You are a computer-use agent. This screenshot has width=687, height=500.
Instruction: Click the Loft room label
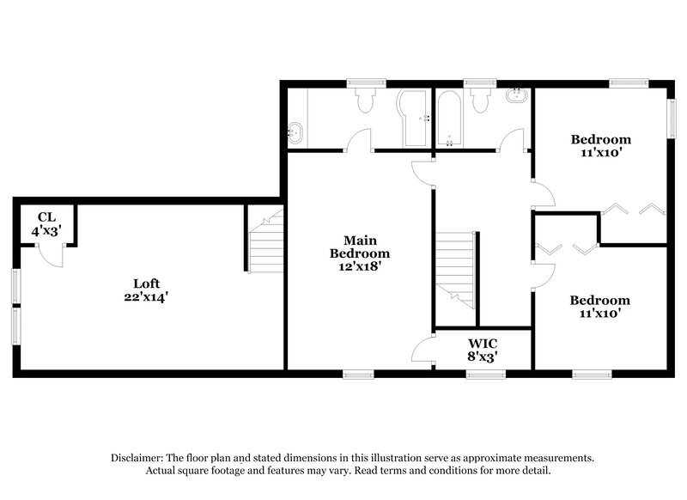coord(146,284)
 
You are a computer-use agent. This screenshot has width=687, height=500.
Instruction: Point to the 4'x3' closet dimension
coord(46,230)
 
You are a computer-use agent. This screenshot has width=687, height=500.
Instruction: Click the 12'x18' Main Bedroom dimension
coord(360,266)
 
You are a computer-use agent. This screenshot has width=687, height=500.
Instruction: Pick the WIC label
coord(481,341)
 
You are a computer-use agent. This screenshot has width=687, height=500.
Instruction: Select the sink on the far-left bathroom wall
coord(295,132)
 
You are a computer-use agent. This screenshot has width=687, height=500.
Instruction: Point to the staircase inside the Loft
coord(264,243)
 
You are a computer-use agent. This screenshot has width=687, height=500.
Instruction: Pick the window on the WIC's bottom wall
coord(479,374)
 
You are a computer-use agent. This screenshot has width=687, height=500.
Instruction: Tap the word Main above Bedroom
coord(360,241)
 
